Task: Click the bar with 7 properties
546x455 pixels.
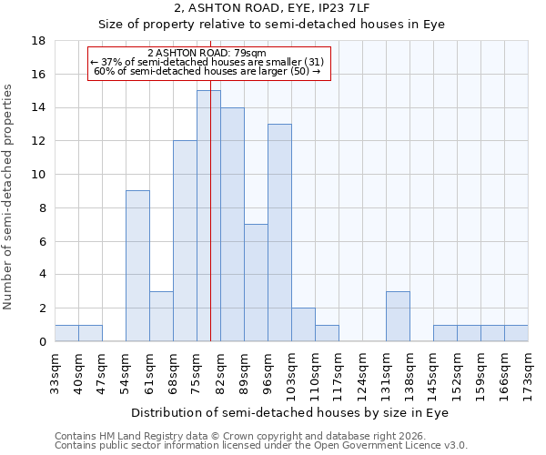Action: point(256,282)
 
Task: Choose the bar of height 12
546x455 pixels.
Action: point(185,240)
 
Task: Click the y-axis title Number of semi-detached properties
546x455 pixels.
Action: point(9,196)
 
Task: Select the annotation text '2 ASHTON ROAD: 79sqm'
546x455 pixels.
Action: point(207,54)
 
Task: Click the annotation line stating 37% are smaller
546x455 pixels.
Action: point(207,62)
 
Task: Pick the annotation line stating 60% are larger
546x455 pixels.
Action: point(207,71)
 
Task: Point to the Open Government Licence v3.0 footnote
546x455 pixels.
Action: point(261,446)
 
